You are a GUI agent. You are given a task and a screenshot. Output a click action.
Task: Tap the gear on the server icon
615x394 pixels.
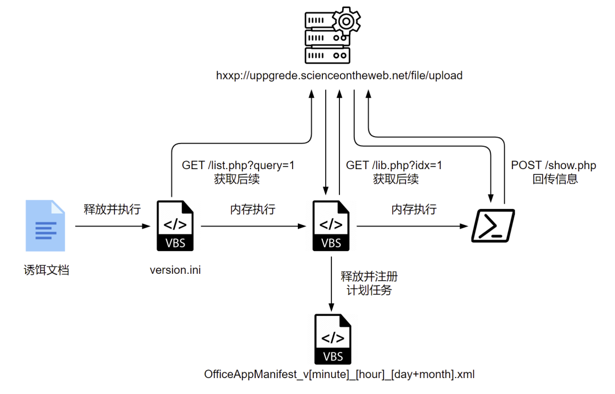coord(346,20)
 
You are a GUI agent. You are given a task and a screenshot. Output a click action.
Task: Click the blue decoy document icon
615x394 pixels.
coord(45,226)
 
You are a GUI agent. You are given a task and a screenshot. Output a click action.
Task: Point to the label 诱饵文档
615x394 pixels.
coord(46,270)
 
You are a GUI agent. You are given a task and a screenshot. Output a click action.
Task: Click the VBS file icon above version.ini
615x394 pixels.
coord(175,226)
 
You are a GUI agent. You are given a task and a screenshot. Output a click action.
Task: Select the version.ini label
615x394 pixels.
coord(175,270)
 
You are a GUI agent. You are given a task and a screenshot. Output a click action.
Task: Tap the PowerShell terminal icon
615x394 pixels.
coord(493,226)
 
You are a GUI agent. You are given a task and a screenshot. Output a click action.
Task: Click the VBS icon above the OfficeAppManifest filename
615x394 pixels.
coord(333,339)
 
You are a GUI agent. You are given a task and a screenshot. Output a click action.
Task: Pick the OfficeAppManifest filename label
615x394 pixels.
coord(339,375)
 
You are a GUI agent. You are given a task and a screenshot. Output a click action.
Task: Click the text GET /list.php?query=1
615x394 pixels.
coord(238,166)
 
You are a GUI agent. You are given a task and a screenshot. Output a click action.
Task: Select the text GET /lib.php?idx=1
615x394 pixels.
coord(394,166)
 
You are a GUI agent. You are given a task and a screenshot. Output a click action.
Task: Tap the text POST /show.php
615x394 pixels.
coord(553,166)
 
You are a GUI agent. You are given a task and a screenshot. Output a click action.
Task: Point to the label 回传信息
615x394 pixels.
coord(555,179)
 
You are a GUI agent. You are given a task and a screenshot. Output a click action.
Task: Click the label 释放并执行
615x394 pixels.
coord(112,210)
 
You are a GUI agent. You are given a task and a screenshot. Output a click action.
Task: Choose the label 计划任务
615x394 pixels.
coord(369,290)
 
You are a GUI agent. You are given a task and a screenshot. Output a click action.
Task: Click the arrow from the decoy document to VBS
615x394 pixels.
coord(113,226)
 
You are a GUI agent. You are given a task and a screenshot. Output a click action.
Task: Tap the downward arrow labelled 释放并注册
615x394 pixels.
coord(331,282)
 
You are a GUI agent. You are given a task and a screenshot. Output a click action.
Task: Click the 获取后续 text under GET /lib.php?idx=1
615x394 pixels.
coord(396,179)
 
